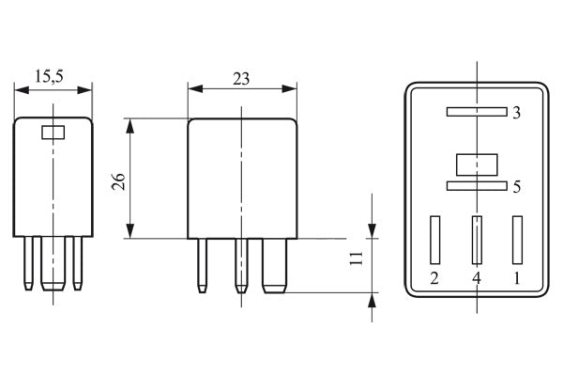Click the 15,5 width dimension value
[x=49, y=77]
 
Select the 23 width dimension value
[x=241, y=79]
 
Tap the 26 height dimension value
[x=118, y=181]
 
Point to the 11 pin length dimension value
[x=357, y=258]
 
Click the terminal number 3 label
[x=516, y=113]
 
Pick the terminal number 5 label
[x=517, y=187]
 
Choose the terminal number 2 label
[x=434, y=278]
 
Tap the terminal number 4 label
[x=476, y=278]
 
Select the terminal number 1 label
[x=517, y=278]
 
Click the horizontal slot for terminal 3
[x=477, y=112]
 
